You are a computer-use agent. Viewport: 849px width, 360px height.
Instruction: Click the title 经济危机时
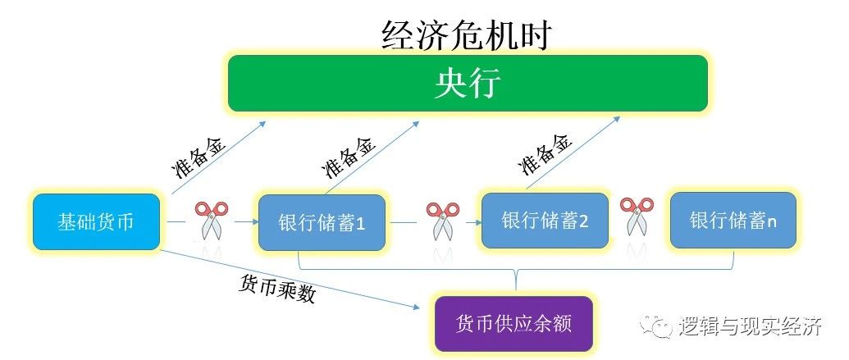466,36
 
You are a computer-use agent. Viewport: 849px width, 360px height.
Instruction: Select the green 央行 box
468,84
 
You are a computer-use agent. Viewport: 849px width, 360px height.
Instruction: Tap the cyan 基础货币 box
96,222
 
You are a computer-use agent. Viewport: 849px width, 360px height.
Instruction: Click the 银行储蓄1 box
322,222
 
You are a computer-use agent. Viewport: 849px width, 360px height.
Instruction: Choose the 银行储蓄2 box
545,221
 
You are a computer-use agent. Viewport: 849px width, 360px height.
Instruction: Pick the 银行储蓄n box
733,220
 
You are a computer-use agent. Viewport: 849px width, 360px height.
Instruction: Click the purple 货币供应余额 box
514,324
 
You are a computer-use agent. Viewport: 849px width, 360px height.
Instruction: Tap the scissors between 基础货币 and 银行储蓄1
211,221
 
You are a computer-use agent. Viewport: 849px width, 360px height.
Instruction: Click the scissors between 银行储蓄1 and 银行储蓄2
442,221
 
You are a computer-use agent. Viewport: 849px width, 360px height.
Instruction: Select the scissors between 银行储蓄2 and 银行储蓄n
637,216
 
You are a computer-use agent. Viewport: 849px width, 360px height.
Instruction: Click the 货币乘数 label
276,287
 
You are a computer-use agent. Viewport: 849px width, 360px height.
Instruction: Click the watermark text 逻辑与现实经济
751,326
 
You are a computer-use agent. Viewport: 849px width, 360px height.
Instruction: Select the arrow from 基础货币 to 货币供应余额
290,279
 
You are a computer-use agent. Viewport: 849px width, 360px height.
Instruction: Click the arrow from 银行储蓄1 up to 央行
372,157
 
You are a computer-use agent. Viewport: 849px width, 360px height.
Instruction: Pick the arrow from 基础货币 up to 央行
219,157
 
